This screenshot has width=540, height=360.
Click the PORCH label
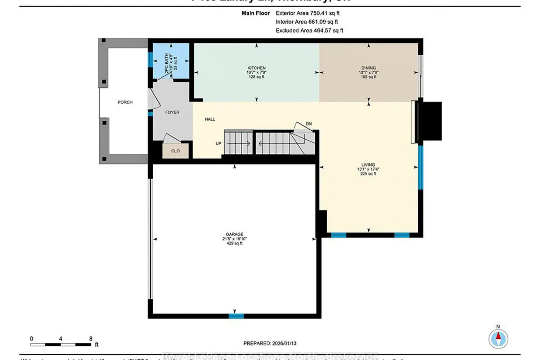coord(125,102)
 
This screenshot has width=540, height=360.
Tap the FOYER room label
coord(172,112)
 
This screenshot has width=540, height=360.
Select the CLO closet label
coord(175,151)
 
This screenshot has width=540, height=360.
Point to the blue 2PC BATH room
coord(171,61)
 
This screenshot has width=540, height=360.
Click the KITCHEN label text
coord(256,68)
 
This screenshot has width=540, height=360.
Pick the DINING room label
coord(368,68)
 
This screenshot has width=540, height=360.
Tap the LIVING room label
coord(368,165)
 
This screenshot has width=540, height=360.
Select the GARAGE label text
coord(234,234)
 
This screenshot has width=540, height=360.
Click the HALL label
coord(210,119)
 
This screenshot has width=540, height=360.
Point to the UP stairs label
coord(219,143)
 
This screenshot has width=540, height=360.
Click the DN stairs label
coord(309,124)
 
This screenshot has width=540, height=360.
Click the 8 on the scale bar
coord(91,339)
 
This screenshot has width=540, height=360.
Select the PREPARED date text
coord(270,343)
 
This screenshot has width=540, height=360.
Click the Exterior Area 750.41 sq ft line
coord(307,13)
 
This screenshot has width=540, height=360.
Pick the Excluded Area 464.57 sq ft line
coord(309,31)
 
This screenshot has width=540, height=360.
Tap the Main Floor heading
coord(256,13)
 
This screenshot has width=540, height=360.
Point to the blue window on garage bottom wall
coord(236,316)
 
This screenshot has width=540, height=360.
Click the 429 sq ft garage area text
coord(234,243)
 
